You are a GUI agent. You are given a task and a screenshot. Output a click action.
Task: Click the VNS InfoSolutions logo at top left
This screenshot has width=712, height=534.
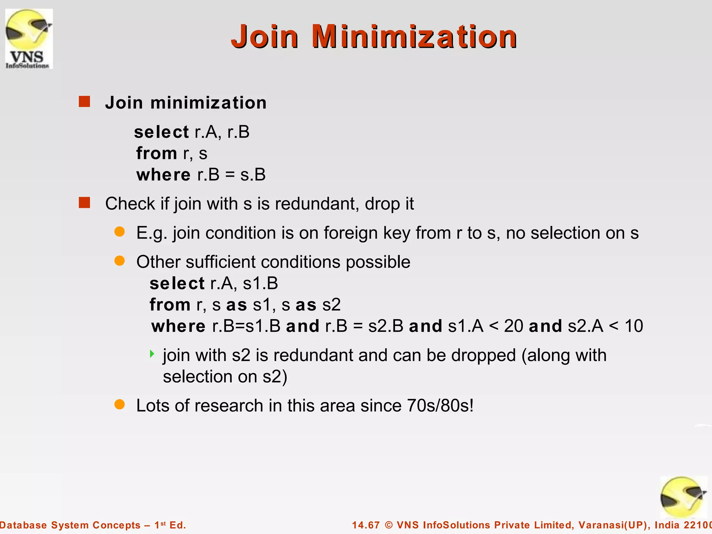pos(29,39)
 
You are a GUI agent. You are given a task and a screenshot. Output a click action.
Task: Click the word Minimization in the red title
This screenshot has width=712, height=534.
pos(414,37)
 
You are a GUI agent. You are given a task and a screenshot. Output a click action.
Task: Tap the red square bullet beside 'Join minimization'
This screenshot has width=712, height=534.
pos(84,102)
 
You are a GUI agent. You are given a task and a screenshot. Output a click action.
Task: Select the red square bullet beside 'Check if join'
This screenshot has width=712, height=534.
pos(84,203)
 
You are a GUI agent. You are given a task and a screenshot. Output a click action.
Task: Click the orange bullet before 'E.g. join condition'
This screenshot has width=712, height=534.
pos(120,232)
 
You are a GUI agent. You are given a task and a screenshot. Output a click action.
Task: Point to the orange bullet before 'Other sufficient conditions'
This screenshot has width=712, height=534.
pos(120,261)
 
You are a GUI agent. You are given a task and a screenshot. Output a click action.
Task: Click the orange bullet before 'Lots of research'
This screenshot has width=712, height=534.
pos(120,404)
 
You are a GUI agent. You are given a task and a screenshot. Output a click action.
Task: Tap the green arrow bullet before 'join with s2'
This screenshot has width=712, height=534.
pos(152,354)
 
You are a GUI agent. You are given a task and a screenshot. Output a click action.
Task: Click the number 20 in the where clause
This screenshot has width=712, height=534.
pos(513,326)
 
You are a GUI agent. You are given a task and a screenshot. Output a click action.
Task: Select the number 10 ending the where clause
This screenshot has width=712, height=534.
pos(633,326)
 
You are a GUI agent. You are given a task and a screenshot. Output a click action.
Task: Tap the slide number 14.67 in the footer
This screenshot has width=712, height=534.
pos(366,525)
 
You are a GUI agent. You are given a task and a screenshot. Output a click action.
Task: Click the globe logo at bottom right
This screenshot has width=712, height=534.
pos(683,497)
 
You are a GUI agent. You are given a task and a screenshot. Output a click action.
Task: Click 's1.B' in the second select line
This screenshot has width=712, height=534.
pos(260,283)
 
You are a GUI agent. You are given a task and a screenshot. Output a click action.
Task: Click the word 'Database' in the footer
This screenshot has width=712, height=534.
pos(23,525)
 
